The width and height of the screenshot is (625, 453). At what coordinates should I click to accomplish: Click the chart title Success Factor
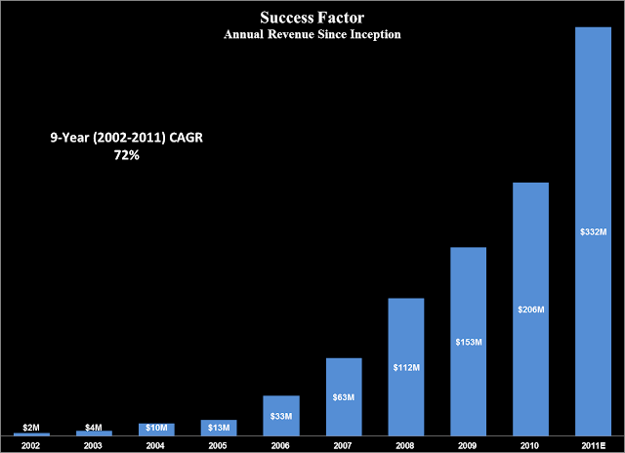312,18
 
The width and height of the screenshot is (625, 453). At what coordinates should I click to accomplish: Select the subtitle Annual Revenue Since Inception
312,34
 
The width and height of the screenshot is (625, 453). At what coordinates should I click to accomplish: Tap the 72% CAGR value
127,155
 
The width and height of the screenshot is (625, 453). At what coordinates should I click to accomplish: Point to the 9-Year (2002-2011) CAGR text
126,138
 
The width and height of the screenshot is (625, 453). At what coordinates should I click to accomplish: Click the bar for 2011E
593,231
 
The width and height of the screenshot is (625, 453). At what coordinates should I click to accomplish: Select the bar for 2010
530,309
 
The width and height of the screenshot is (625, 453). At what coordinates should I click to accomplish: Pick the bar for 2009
469,342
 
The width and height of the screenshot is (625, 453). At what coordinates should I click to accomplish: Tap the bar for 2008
406,366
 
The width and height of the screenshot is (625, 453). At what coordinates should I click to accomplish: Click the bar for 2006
281,416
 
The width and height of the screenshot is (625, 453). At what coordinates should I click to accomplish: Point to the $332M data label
593,232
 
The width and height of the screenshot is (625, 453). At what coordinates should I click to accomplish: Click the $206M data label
531,309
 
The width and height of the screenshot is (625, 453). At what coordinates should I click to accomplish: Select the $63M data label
344,397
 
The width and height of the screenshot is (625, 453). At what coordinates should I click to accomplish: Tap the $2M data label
31,428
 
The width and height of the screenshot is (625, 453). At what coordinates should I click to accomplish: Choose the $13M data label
219,428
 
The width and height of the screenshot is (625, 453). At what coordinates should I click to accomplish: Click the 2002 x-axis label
30,445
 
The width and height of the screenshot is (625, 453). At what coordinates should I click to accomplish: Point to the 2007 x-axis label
343,445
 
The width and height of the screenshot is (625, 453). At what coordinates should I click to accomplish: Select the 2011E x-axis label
593,445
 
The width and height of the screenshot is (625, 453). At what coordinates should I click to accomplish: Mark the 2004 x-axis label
155,445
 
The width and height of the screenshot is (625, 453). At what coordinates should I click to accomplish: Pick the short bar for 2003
94,433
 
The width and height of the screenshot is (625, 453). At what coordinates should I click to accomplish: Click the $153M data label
469,342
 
